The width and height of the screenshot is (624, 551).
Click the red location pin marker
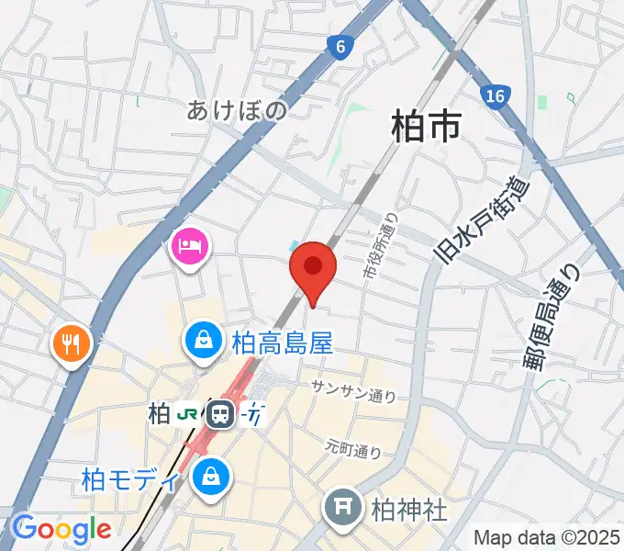tap(313, 268)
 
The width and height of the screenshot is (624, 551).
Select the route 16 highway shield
tap(496, 96)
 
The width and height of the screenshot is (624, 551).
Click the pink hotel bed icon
tap(190, 246)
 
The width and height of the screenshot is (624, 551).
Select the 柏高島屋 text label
tap(270, 343)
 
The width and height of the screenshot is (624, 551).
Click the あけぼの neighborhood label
tap(237, 111)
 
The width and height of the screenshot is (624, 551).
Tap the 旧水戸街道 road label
tap(484, 220)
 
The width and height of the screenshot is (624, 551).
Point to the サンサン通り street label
tap(353, 390)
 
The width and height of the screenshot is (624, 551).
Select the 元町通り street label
tap(353, 449)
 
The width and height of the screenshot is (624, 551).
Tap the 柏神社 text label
tap(409, 507)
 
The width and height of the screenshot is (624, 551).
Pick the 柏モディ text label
tap(129, 479)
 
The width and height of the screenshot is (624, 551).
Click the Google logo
tap(61, 528)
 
